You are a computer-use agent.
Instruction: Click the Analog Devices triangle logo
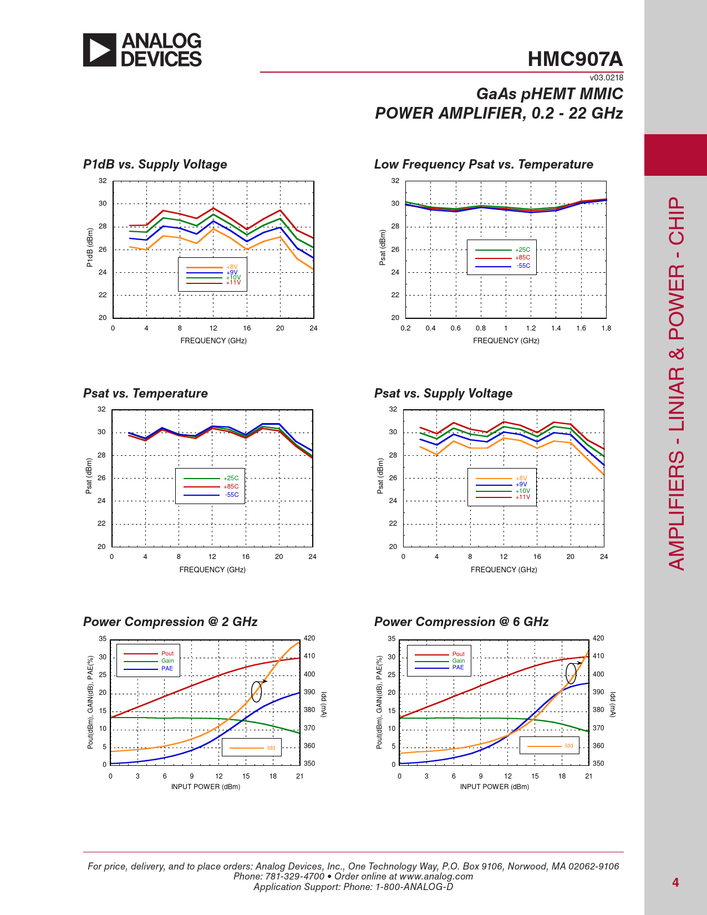pos(100,50)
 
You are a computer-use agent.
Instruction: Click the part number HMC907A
pos(575,59)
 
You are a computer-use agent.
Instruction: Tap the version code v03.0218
pos(606,78)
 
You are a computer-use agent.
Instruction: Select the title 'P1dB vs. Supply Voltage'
pos(155,165)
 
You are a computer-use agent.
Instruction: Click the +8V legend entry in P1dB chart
pos(232,267)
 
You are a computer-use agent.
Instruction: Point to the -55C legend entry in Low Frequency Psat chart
pos(523,266)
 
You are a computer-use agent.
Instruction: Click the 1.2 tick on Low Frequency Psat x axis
pos(531,328)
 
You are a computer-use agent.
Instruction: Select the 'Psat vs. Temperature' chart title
pos(145,394)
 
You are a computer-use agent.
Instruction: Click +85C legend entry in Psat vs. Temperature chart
pos(231,486)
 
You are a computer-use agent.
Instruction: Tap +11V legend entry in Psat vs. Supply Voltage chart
pos(523,497)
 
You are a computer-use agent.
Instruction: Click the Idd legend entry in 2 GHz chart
pos(271,748)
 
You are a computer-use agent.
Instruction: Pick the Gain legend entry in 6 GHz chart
pos(458,660)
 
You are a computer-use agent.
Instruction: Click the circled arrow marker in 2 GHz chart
pos(257,690)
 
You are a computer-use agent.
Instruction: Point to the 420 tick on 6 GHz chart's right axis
pos(598,638)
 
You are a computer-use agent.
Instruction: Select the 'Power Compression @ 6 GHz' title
pos(461,622)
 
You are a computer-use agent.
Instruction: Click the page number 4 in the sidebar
pos(675,882)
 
